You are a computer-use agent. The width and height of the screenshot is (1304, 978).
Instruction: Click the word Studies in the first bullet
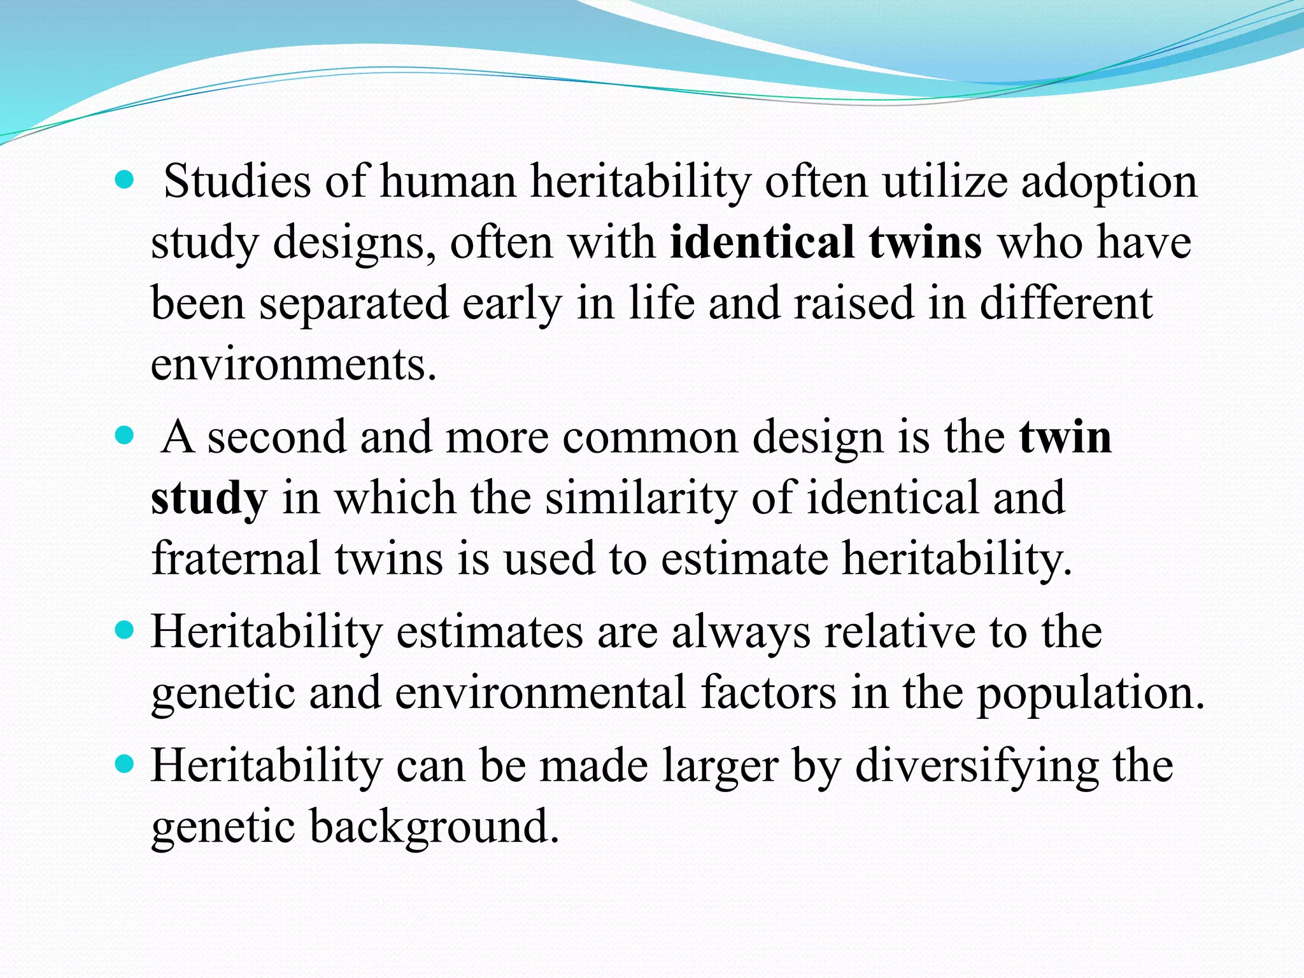pos(237,182)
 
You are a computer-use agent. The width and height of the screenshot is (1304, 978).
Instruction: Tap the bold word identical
pos(762,243)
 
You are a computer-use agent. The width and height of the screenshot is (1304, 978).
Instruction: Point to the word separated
pos(353,304)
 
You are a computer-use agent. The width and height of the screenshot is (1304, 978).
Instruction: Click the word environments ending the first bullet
pos(294,364)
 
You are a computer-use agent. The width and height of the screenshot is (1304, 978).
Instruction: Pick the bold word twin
pos(1065,437)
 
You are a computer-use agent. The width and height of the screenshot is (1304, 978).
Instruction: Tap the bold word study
pos(209,499)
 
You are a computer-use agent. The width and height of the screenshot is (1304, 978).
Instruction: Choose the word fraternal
pos(236,558)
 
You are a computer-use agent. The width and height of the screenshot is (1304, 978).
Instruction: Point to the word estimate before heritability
pos(744,558)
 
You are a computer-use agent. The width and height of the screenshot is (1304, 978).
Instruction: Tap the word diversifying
pos(977,766)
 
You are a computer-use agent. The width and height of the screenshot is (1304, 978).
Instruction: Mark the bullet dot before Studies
pos(125,181)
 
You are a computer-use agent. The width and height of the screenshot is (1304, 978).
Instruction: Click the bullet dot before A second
pos(125,436)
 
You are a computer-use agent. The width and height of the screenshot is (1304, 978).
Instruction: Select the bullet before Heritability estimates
pos(125,631)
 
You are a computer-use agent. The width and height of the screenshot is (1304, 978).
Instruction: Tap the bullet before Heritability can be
pos(125,764)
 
